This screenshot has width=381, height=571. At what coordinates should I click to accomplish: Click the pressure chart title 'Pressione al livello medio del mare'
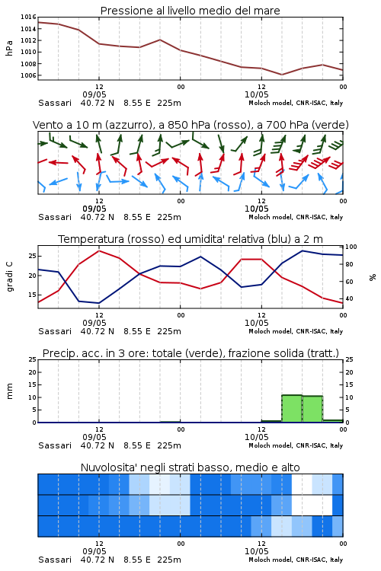point(190,11)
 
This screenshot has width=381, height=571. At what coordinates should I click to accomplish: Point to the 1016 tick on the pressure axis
point(28,17)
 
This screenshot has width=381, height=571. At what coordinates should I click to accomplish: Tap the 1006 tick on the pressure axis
point(28,75)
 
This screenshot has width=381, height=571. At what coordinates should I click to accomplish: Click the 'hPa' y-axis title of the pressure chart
point(9,48)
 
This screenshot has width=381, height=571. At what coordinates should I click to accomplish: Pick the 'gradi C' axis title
point(9,277)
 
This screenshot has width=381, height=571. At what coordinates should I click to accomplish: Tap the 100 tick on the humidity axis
point(351,247)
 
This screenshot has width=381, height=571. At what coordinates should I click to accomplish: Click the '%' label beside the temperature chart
point(373,277)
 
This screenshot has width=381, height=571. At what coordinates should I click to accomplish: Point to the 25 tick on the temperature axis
point(33,256)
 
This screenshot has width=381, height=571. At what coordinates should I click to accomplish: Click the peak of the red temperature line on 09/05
point(99,250)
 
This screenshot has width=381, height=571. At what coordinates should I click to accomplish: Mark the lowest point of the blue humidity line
point(98,303)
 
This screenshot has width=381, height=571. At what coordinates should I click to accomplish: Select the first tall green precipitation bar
point(292,409)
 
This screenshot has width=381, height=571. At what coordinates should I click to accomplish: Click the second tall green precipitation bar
point(312,409)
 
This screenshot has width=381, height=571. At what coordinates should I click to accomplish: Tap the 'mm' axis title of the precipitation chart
point(9,391)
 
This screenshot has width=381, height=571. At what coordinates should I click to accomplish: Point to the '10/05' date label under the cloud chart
point(256,551)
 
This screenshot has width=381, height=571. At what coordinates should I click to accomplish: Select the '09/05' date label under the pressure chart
point(94,94)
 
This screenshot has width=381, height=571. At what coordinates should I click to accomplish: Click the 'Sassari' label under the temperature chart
point(55,331)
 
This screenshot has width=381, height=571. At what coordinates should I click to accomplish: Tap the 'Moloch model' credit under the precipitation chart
point(271,445)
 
